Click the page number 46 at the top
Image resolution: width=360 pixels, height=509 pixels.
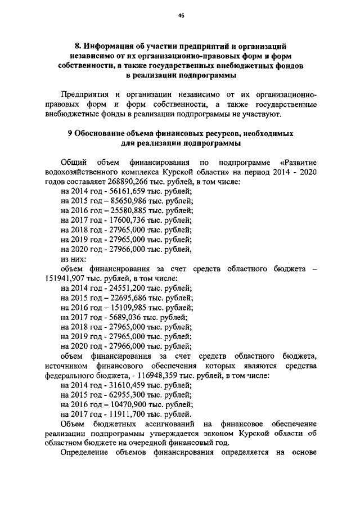coord(181,16)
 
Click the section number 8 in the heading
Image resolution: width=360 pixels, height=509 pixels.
coord(78,44)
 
